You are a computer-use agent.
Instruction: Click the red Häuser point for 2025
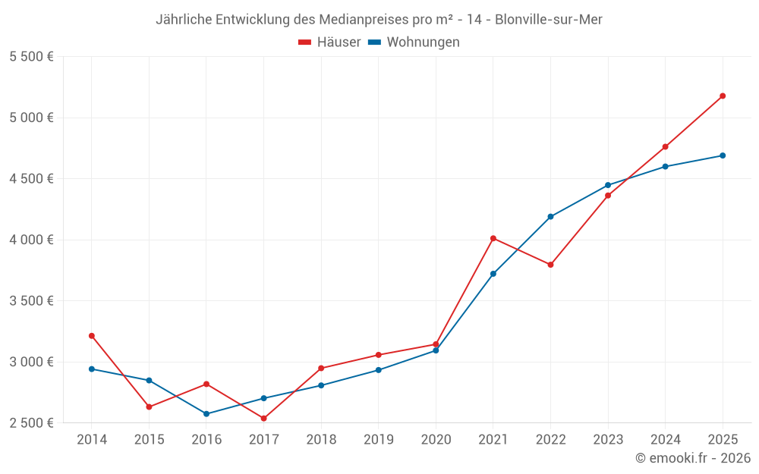(x=723, y=96)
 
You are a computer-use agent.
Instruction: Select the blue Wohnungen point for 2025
(x=723, y=155)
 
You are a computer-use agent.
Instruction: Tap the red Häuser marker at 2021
(x=493, y=238)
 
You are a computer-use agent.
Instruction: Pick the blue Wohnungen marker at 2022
(x=550, y=217)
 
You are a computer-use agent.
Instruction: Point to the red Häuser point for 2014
(x=92, y=335)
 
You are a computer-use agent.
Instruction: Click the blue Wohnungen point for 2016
(x=206, y=414)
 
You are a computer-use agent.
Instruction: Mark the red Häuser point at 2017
(x=263, y=419)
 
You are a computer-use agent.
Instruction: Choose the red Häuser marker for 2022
(x=550, y=265)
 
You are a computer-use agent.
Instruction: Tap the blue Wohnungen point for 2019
(x=379, y=370)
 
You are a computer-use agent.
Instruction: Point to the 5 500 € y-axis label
(x=31, y=57)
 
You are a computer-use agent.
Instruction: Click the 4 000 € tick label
(x=31, y=240)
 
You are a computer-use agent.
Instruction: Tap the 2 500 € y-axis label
(x=31, y=423)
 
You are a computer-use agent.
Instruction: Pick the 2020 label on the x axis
(x=436, y=439)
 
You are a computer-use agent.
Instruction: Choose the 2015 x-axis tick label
(x=149, y=439)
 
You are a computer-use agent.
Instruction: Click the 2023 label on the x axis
(x=608, y=439)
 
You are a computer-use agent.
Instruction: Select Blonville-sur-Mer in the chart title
(x=548, y=20)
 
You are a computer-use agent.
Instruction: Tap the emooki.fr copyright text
(x=692, y=458)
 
